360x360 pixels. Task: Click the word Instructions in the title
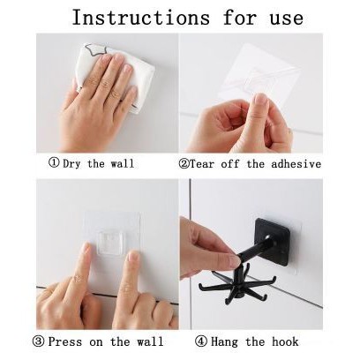pyautogui.click(x=141, y=18)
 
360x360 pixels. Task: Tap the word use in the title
pyautogui.click(x=287, y=19)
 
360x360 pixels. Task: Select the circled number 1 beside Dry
pyautogui.click(x=54, y=162)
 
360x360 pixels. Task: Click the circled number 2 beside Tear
pyautogui.click(x=184, y=163)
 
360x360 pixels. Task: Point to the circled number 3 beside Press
pyautogui.click(x=38, y=341)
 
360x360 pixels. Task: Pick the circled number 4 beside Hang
pyautogui.click(x=201, y=341)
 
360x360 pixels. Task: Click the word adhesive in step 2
pyautogui.click(x=296, y=163)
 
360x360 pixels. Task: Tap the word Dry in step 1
pyautogui.click(x=71, y=163)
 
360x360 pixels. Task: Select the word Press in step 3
pyautogui.click(x=65, y=341)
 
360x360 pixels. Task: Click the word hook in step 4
pyautogui.click(x=285, y=341)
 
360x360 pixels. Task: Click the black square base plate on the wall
pyautogui.click(x=273, y=241)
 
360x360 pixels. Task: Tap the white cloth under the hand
pyautogui.click(x=115, y=77)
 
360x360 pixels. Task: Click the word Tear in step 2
pyautogui.click(x=202, y=163)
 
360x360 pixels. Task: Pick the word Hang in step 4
pyautogui.click(x=224, y=342)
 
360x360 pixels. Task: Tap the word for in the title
pyautogui.click(x=239, y=18)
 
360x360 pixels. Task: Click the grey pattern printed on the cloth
pyautogui.click(x=97, y=50)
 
